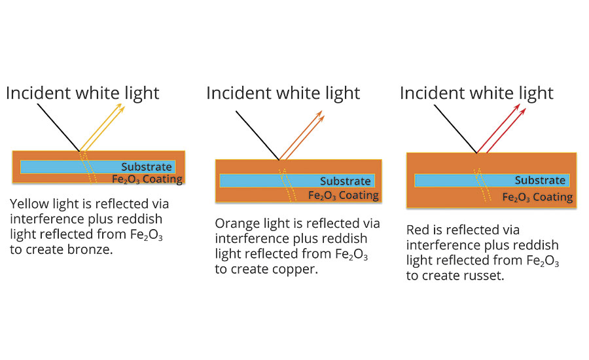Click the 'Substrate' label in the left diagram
point(146,167)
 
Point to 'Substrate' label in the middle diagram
point(345,181)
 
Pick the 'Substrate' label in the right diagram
point(540,181)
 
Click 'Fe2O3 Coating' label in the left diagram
point(147,179)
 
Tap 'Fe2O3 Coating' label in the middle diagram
point(343,194)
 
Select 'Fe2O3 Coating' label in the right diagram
point(537,196)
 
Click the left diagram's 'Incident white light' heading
point(82,93)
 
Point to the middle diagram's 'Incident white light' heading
point(283,93)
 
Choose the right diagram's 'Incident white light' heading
point(476,93)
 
